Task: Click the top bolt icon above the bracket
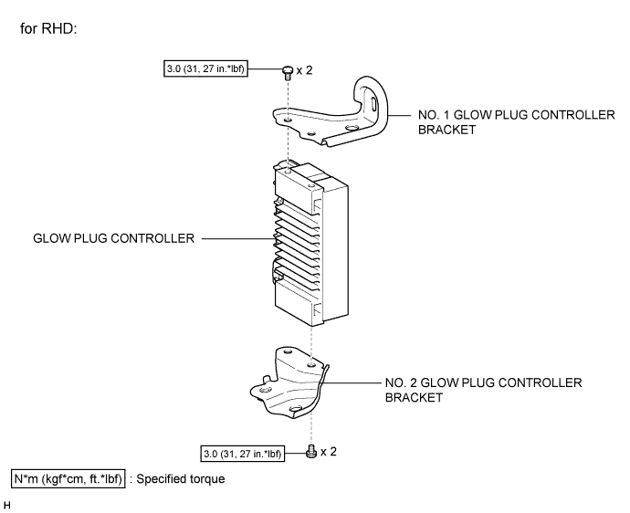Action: click(x=287, y=69)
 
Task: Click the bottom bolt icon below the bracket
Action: click(x=313, y=451)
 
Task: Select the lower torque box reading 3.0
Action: click(x=243, y=452)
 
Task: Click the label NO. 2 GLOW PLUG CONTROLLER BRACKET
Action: click(x=483, y=389)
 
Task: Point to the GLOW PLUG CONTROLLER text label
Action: click(x=114, y=239)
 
